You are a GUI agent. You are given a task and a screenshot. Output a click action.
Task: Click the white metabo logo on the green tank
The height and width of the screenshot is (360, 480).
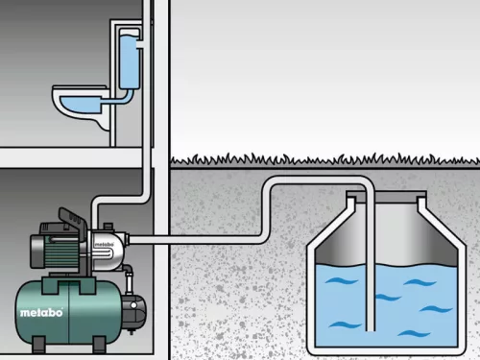pos(41,312)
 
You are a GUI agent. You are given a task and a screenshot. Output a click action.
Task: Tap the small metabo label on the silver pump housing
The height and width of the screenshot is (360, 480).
pos(104,245)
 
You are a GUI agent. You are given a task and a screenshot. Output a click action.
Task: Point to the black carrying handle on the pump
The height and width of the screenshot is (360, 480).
pos(73,219)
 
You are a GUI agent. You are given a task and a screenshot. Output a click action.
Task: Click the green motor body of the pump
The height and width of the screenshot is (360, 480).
pos(55,252)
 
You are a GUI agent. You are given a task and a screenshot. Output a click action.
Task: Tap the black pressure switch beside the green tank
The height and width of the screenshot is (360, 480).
pos(134,313)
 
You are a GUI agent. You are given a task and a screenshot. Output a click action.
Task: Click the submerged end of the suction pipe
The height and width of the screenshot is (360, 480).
pos(371,329)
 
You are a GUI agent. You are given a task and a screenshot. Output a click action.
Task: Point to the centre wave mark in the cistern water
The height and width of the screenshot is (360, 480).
pos(388,298)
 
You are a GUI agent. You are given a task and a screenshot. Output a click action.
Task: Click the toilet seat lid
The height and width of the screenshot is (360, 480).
pos(79,87)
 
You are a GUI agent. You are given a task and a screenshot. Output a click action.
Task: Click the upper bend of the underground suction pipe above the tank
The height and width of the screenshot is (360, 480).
pos(320,180)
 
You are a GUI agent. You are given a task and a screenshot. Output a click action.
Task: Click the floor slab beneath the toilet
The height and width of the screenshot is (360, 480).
pos(71,157)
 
